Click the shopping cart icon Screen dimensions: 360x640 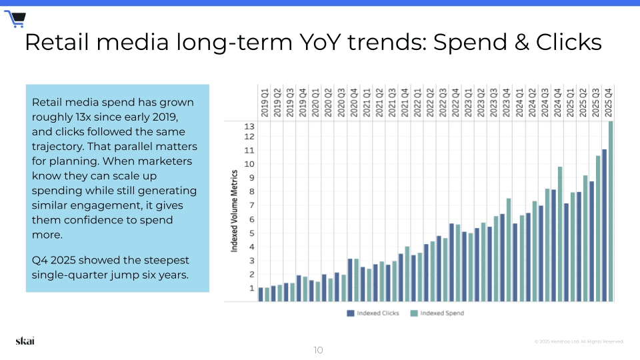click(15, 19)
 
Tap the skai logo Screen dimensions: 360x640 click(25, 341)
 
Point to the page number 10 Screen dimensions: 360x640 click(318, 350)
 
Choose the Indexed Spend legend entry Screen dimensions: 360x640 click(437, 313)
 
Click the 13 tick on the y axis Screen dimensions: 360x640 click(249, 126)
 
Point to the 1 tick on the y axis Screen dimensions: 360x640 click(251, 288)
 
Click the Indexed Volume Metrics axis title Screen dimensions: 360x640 click(235, 210)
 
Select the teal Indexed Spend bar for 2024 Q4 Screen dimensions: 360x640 click(560, 234)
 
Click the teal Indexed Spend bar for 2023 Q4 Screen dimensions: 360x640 click(509, 250)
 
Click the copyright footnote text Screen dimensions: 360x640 click(579, 341)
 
